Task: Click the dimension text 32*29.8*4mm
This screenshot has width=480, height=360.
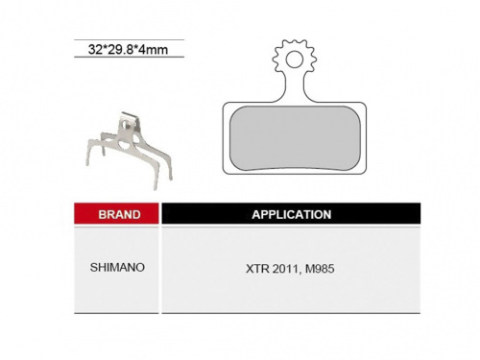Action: pyautogui.click(x=128, y=50)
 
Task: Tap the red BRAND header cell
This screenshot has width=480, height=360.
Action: pyautogui.click(x=116, y=213)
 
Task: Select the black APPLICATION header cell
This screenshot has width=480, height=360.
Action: pyautogui.click(x=291, y=213)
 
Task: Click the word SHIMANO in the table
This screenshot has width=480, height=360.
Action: pyautogui.click(x=117, y=267)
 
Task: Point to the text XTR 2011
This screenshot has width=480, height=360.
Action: pyautogui.click(x=273, y=269)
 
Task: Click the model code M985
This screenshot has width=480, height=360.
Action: pyautogui.click(x=320, y=269)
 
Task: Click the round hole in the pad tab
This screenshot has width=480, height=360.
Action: pyautogui.click(x=295, y=60)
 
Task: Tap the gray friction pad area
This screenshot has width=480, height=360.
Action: pyautogui.click(x=295, y=138)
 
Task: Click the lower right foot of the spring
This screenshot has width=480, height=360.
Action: pyautogui.click(x=169, y=175)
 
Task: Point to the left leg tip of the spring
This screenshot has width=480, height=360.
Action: pyautogui.click(x=88, y=162)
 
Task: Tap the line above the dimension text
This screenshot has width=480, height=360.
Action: pyautogui.click(x=130, y=40)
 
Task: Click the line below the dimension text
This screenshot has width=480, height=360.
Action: pyautogui.click(x=130, y=57)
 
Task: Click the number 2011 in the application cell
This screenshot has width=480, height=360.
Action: pyautogui.click(x=286, y=269)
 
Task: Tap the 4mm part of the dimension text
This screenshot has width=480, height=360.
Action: pyautogui.click(x=154, y=50)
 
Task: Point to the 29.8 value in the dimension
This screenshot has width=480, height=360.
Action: pyautogui.click(x=121, y=50)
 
